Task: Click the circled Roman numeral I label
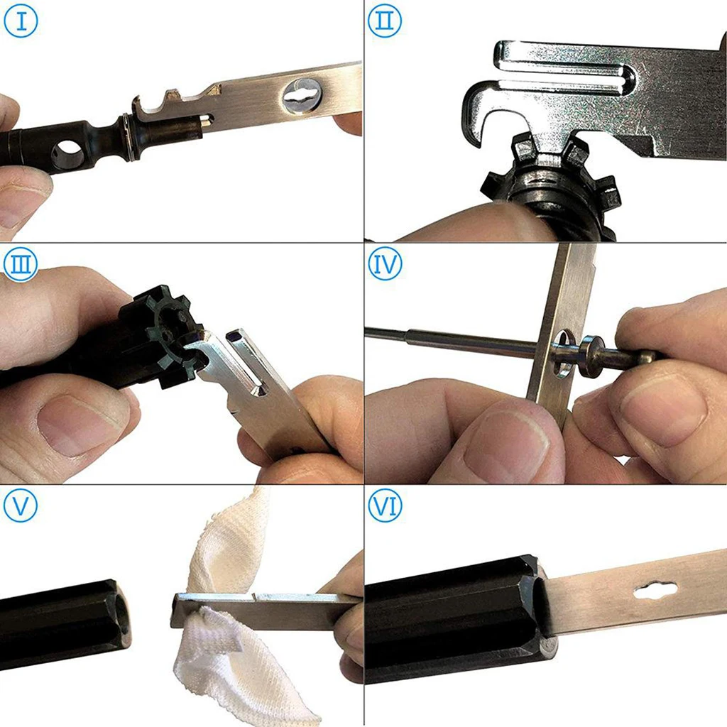point(21,21)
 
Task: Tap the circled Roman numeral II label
point(385,21)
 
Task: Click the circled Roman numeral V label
point(21,505)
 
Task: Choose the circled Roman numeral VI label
point(385,505)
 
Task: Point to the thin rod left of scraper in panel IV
point(447,339)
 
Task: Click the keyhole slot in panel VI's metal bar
point(655,590)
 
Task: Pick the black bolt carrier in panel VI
point(454,618)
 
